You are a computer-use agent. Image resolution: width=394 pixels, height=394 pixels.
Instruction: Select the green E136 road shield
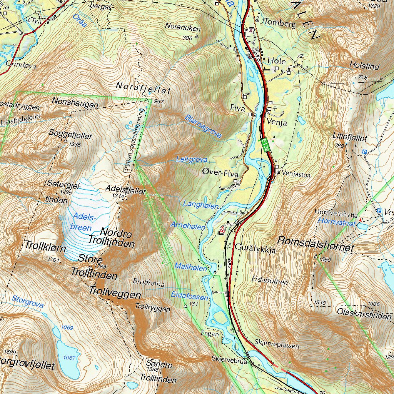265,144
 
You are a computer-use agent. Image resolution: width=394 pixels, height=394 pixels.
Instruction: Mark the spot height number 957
158,102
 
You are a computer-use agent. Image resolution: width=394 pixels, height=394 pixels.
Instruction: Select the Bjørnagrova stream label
203,126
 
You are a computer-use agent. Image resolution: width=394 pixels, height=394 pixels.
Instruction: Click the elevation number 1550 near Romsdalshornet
325,260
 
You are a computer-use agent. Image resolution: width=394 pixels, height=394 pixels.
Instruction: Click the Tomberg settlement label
280,24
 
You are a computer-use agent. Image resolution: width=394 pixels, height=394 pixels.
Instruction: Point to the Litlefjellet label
350,138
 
